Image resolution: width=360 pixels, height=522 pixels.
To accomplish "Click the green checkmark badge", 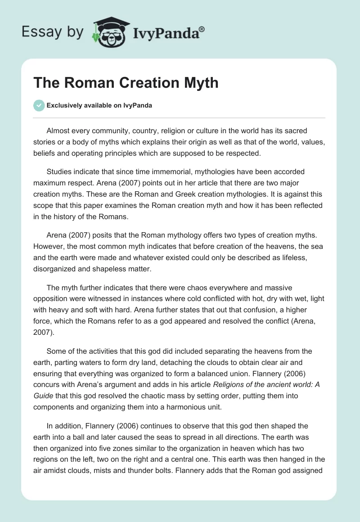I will (39, 105).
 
